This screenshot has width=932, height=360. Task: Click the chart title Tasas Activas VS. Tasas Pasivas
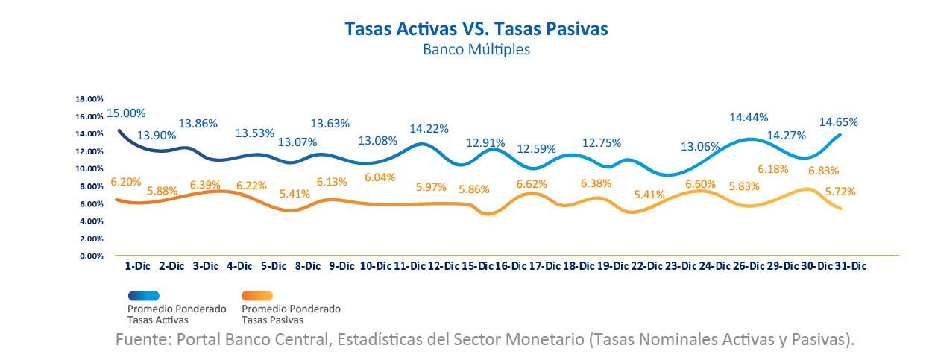pos(476,28)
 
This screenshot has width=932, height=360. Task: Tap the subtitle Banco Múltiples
pos(476,51)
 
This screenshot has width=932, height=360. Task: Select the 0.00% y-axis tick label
pos(91,256)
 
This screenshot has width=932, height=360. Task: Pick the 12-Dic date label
pos(444,265)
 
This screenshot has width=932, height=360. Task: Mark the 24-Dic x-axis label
pos(713,265)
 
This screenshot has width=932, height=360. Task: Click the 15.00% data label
pos(126,113)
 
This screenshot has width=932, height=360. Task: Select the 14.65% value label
pos(839,121)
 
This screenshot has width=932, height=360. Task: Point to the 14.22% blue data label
pos(429,128)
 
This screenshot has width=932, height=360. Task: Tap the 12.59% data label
pos(536,148)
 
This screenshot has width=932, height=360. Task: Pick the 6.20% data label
pos(125,181)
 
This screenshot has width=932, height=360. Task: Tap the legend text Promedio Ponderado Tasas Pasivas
pos(291,314)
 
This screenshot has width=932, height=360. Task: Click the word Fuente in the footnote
pos(142,340)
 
